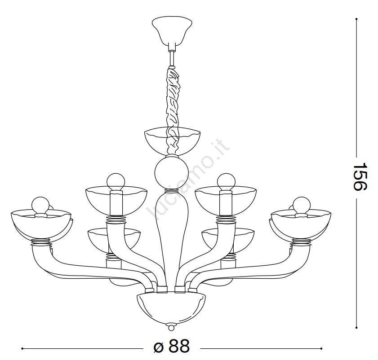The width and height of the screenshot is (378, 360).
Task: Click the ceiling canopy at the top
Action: coord(172,31)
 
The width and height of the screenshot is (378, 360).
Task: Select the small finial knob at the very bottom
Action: coord(171,328)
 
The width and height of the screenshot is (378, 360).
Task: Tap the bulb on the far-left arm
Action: coord(40,206)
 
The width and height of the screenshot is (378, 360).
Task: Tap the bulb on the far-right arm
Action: coord(302,206)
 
